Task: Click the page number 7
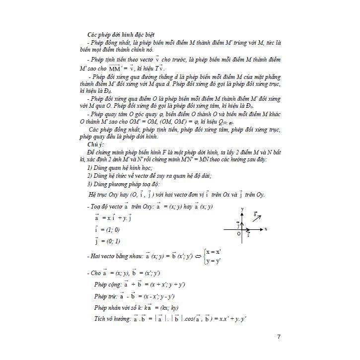coord(279,337)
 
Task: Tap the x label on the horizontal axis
coord(267,229)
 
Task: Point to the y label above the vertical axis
coord(242,210)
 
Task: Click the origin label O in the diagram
coord(239,233)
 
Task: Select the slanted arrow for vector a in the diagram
coord(257,217)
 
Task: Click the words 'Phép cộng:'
coord(108,285)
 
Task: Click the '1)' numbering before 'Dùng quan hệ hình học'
coord(90,168)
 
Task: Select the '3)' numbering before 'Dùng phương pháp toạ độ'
coord(90,185)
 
